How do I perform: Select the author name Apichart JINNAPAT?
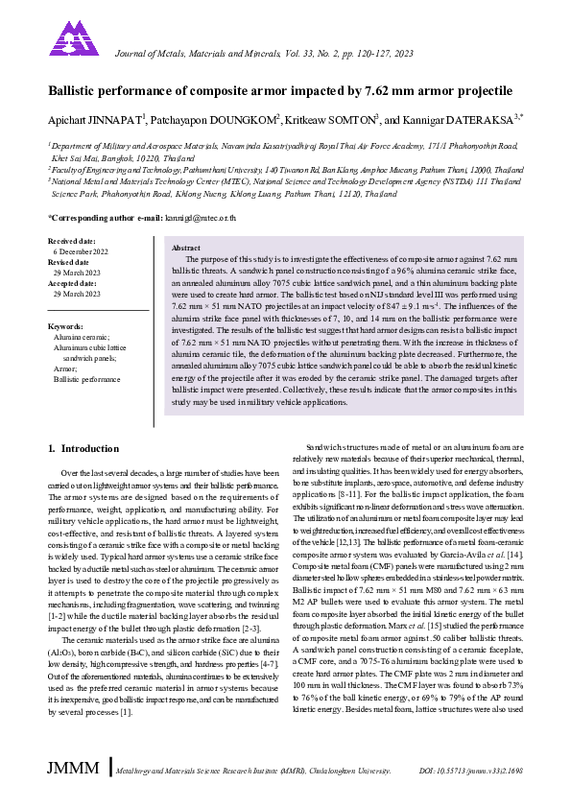94,119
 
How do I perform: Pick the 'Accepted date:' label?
75,282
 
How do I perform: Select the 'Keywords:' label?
65,327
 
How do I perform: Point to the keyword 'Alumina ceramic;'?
82,338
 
